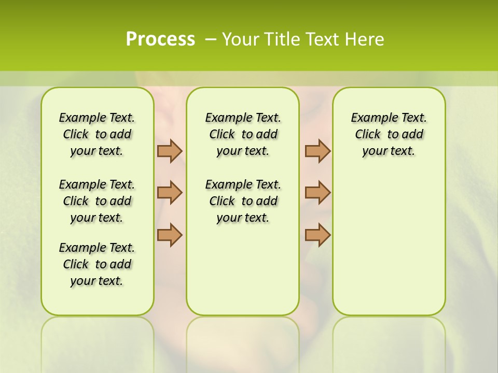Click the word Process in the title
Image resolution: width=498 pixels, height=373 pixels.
(x=160, y=39)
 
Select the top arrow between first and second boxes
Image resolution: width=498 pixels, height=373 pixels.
(x=170, y=151)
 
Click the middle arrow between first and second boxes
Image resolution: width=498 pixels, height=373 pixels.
(x=170, y=193)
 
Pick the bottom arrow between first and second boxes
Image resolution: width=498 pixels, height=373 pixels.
(x=170, y=235)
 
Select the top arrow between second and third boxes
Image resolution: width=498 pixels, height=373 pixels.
(x=317, y=151)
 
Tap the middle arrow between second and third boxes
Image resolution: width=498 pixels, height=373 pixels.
(x=317, y=193)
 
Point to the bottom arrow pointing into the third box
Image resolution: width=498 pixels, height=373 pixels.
(x=317, y=235)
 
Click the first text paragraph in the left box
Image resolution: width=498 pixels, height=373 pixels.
(x=97, y=134)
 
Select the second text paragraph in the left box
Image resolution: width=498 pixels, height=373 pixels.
(x=97, y=201)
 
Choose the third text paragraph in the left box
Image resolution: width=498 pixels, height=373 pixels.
(x=97, y=264)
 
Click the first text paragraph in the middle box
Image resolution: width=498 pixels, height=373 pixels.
(x=243, y=134)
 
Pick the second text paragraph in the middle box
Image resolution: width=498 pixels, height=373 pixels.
(x=243, y=201)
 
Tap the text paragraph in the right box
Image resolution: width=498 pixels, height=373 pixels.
(x=389, y=134)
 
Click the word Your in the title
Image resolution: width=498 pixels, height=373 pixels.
(x=241, y=39)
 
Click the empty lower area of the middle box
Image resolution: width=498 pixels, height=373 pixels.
(x=243, y=269)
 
